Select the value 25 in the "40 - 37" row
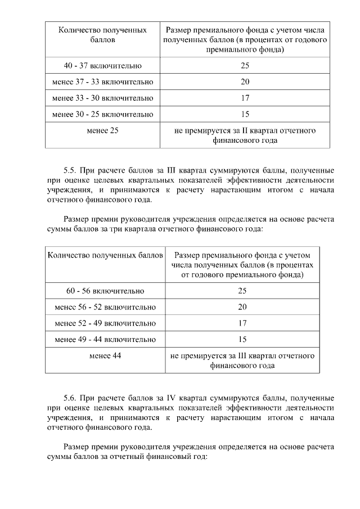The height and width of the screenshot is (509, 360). click(245, 66)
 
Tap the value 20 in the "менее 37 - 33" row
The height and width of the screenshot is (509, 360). click(245, 82)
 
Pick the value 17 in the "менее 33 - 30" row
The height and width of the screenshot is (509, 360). click(245, 98)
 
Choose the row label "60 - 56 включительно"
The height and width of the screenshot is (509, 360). click(106, 291)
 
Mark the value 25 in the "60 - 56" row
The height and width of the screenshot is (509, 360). click(242, 291)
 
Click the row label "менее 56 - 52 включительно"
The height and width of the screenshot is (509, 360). click(106, 307)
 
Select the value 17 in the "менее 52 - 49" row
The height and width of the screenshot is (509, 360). click(242, 323)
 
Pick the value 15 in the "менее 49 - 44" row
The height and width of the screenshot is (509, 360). click(242, 340)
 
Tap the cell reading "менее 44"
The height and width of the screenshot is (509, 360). click(106, 356)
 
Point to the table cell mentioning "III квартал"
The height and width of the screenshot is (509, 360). click(242, 361)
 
